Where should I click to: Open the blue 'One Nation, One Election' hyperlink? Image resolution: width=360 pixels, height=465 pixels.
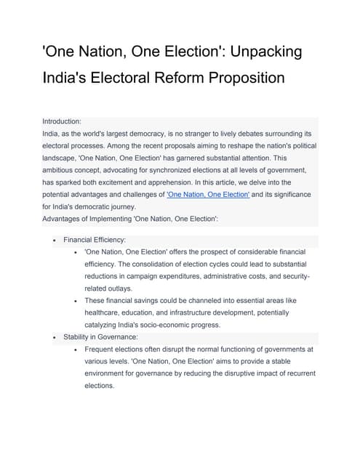tap(208, 195)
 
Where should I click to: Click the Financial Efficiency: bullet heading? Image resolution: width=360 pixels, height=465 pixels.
tap(95, 239)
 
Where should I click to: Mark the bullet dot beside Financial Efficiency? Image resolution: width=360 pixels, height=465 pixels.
tap(55, 239)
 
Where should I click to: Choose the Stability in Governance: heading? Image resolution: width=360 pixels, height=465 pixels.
tap(100, 337)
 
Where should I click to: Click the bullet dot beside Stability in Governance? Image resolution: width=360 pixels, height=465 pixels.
tap(55, 337)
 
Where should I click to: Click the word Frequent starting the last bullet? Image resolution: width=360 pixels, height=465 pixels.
tap(103, 349)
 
